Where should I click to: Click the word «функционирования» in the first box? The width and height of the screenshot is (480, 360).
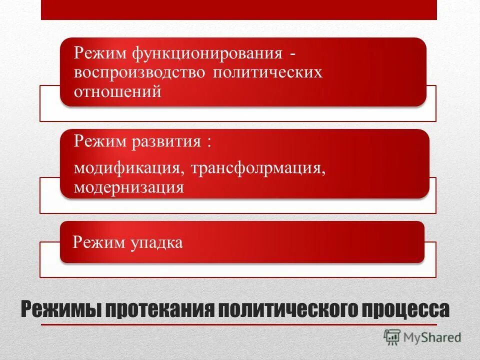[x=205, y=52]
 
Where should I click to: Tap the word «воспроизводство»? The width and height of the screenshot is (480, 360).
[x=139, y=72]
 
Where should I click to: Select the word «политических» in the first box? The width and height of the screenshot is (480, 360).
[x=267, y=72]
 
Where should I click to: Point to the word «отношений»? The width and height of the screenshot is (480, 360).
[x=117, y=92]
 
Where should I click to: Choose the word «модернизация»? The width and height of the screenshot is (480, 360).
[x=129, y=187]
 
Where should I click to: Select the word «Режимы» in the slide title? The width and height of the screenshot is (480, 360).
[x=56, y=309]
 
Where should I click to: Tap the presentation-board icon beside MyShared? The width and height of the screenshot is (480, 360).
[x=392, y=337]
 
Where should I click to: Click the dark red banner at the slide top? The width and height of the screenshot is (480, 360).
[x=238, y=9]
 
